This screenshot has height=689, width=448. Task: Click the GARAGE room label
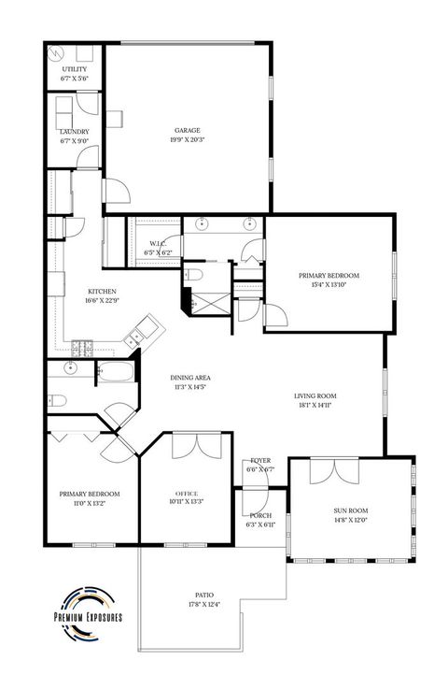click(x=188, y=130)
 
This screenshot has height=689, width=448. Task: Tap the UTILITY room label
click(x=75, y=70)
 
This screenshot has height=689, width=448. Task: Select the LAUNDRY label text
click(x=75, y=132)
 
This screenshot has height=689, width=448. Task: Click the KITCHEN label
click(x=102, y=291)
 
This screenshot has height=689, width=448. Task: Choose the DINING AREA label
click(x=189, y=378)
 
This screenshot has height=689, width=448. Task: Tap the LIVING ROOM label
click(x=315, y=396)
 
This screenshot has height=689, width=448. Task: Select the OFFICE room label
click(x=188, y=493)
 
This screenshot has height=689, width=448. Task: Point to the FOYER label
click(x=260, y=461)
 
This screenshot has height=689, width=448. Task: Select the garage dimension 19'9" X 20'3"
click(x=188, y=140)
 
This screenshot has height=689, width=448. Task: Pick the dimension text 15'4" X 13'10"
click(x=329, y=286)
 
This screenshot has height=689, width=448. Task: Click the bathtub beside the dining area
click(x=117, y=375)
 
